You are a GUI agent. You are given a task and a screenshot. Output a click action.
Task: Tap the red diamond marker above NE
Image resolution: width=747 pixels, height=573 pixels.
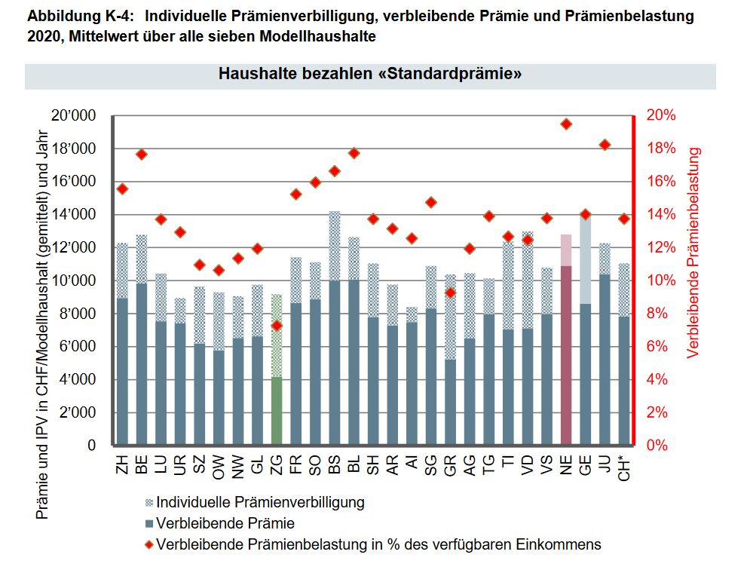click(x=566, y=124)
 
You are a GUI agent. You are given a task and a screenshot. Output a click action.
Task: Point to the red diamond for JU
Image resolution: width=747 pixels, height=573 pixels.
click(x=605, y=145)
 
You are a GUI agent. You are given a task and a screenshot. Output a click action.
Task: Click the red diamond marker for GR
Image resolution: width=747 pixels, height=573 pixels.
click(x=450, y=293)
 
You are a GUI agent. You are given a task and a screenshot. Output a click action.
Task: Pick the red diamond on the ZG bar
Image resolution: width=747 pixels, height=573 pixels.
click(x=277, y=326)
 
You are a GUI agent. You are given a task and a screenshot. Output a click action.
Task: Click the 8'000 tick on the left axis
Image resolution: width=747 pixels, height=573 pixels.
click(x=78, y=314)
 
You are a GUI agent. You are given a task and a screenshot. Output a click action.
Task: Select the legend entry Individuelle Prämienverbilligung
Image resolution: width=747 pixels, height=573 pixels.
click(x=260, y=502)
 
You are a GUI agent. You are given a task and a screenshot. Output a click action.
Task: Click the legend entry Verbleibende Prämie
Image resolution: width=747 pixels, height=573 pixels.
click(x=224, y=523)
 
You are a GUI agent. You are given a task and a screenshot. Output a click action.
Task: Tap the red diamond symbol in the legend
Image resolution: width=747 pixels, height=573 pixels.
click(x=148, y=544)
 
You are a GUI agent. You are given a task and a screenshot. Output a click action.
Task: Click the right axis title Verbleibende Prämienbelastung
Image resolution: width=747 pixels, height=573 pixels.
click(x=693, y=253)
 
